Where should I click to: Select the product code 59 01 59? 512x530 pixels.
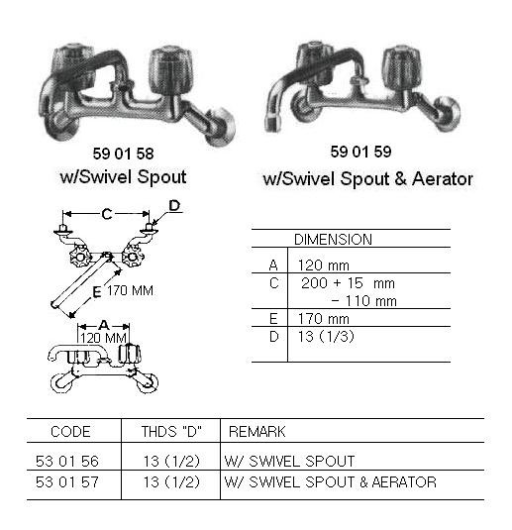[366, 154]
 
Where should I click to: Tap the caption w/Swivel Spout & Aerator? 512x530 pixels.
[367, 179]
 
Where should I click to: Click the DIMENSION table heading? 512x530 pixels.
[333, 240]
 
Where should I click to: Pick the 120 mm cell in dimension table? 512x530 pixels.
[324, 265]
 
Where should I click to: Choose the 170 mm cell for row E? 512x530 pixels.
[324, 319]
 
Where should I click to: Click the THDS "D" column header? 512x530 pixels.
[161, 432]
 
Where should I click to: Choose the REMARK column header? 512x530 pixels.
[257, 432]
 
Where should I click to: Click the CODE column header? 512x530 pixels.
[69, 432]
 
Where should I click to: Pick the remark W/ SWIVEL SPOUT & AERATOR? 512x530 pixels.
[332, 482]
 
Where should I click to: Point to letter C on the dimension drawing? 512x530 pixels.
[106, 212]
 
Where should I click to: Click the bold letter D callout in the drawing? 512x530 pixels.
[174, 206]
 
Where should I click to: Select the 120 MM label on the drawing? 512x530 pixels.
[105, 338]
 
